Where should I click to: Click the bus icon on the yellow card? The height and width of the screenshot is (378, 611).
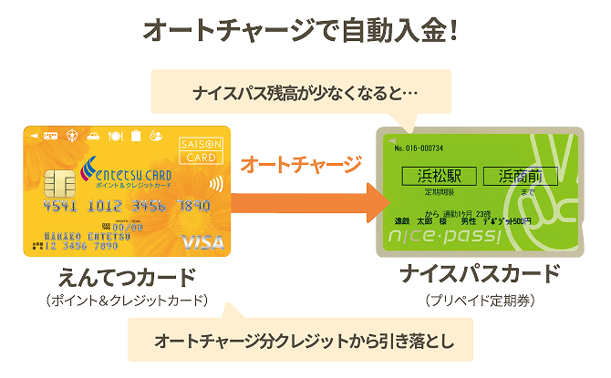(x=52, y=136)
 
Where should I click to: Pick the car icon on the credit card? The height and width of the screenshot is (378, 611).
(x=93, y=136)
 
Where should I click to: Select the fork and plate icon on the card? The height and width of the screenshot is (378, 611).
(x=115, y=136)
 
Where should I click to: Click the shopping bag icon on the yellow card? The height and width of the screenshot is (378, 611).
(x=135, y=136)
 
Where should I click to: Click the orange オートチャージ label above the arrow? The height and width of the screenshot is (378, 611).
(x=300, y=166)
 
